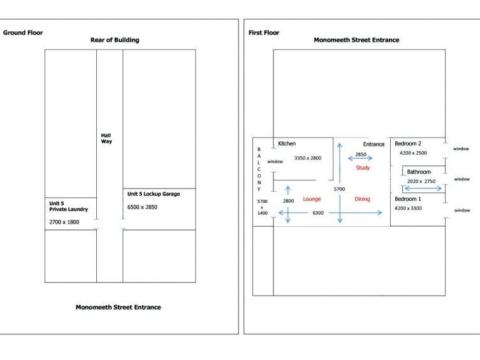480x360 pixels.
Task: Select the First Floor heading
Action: coord(263,32)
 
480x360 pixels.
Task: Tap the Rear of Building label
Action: coord(115,40)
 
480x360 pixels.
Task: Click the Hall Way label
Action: coord(106,138)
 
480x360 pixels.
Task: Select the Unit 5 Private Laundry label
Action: coord(68,206)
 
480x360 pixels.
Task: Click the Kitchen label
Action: coord(287,144)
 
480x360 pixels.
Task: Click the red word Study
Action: coord(363,168)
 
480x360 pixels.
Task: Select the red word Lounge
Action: coord(312,199)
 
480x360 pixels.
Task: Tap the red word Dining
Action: coord(362,199)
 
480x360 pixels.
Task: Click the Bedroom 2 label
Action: coord(408,143)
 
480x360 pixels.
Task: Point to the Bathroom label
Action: coord(419,172)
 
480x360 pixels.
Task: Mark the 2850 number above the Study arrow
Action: coord(361,155)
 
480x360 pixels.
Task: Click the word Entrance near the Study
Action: coord(374,144)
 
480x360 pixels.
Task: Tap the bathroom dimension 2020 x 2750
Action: coord(421,182)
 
